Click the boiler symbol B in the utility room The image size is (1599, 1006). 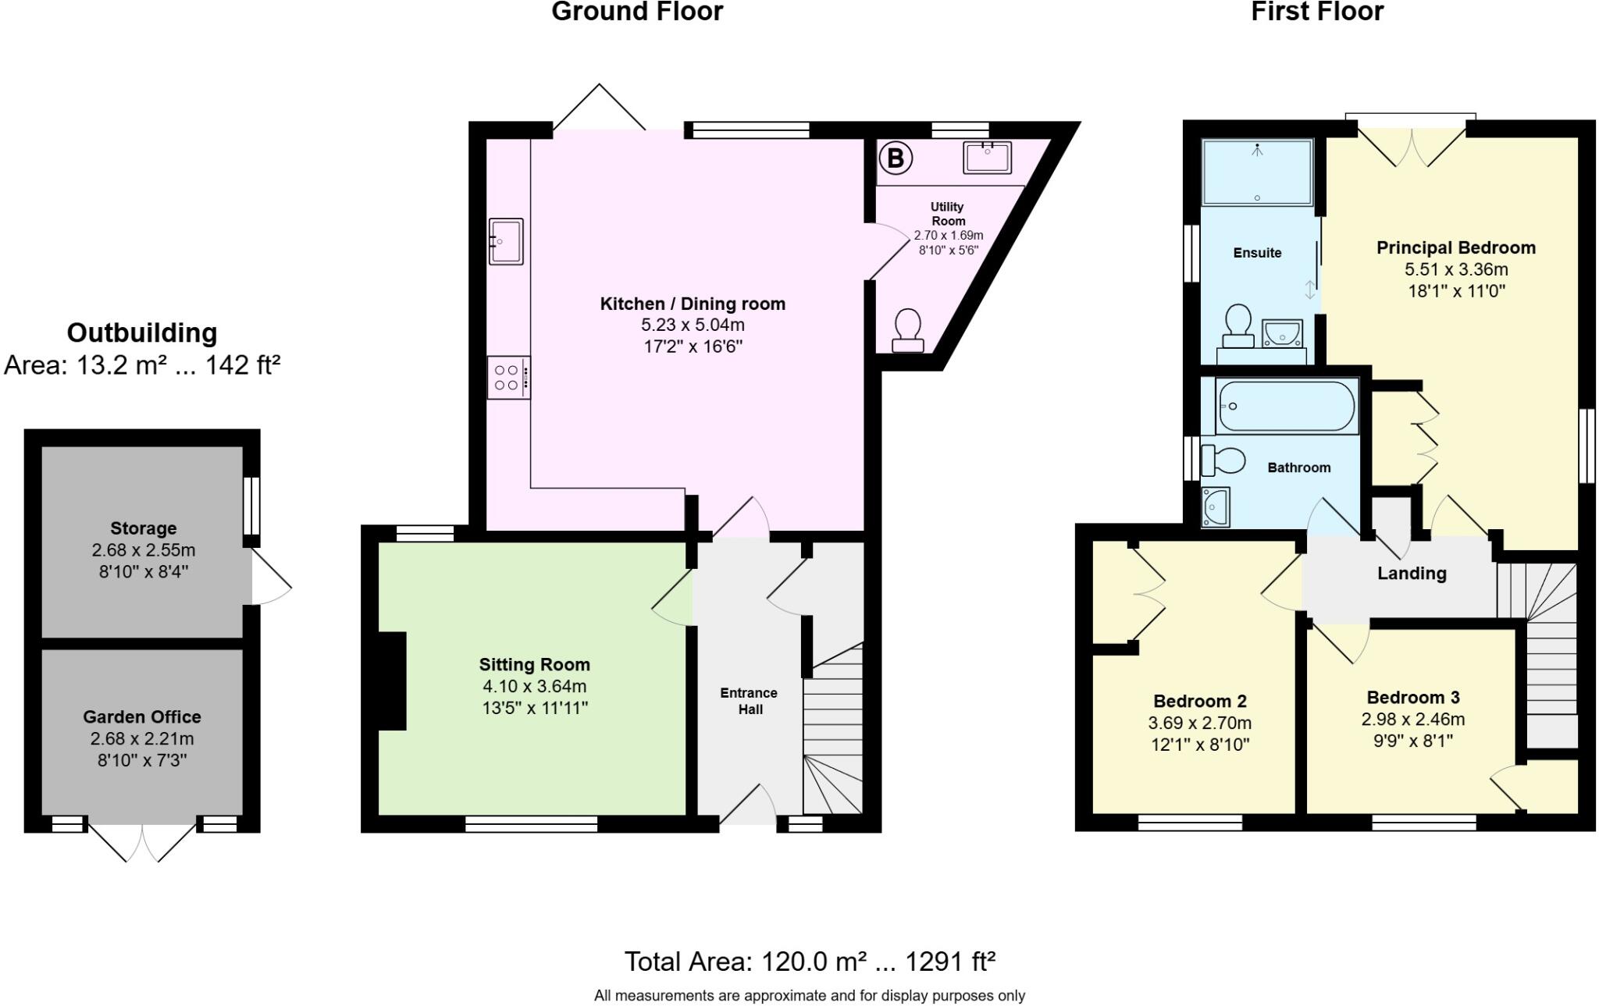(x=896, y=158)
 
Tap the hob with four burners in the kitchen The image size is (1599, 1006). (x=508, y=378)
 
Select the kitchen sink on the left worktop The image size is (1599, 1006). (x=506, y=241)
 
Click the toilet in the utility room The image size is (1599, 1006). (x=907, y=330)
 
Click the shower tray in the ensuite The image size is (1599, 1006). (x=1257, y=172)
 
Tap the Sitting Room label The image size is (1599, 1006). (x=534, y=665)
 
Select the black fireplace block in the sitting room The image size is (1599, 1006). (x=393, y=681)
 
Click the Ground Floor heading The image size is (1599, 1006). (x=637, y=12)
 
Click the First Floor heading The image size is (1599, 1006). (x=1317, y=12)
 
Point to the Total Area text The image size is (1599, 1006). (x=810, y=962)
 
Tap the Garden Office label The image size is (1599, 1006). (x=142, y=716)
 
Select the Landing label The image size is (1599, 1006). (x=1412, y=574)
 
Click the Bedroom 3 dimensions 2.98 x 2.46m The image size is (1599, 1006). (x=1413, y=720)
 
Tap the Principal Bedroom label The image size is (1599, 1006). (x=1455, y=248)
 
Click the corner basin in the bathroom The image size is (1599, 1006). (x=1215, y=507)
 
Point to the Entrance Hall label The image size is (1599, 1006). (x=749, y=701)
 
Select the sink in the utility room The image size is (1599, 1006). (x=987, y=157)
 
